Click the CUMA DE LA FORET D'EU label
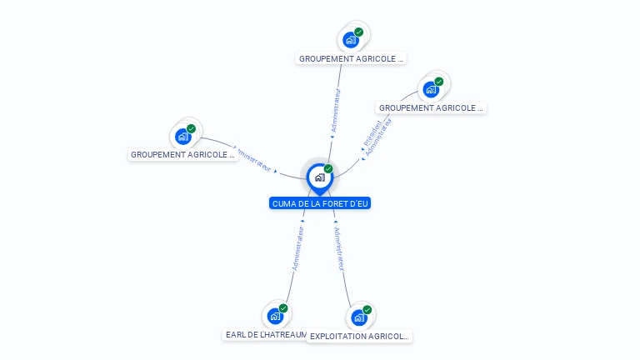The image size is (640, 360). pyautogui.click(x=320, y=203)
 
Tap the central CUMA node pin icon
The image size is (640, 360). pyautogui.click(x=319, y=177)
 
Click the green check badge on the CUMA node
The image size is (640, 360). pyautogui.click(x=328, y=168)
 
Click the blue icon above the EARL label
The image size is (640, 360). pyautogui.click(x=275, y=316)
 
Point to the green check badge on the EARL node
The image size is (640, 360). pyautogui.click(x=283, y=308)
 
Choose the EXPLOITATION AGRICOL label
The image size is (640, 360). pyautogui.click(x=359, y=337)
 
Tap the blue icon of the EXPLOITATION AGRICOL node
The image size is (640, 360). pyautogui.click(x=358, y=317)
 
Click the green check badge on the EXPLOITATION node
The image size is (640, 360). pyautogui.click(x=367, y=310)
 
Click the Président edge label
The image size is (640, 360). pyautogui.click(x=372, y=134)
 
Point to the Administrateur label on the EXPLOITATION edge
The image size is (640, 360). pyautogui.click(x=339, y=247)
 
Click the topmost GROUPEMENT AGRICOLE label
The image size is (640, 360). pyautogui.click(x=351, y=59)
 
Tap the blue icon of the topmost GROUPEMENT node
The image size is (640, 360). pyautogui.click(x=351, y=39)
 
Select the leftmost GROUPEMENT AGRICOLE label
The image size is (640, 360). pyautogui.click(x=183, y=154)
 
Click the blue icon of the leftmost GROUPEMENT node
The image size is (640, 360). pyautogui.click(x=182, y=137)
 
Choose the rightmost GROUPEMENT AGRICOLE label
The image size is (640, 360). pyautogui.click(x=431, y=108)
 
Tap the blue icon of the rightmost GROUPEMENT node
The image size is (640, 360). pyautogui.click(x=431, y=89)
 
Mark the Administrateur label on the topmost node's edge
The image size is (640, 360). pyautogui.click(x=336, y=109)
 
